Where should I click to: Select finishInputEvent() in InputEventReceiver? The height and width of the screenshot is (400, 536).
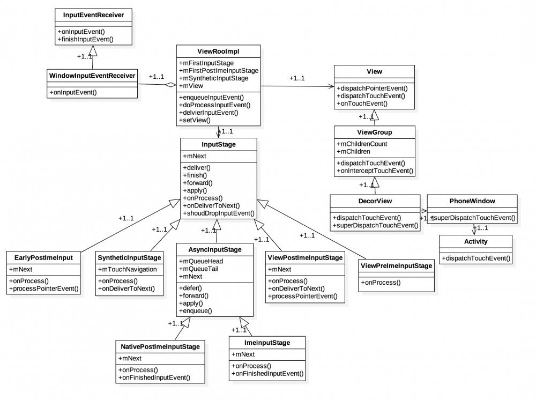click(x=86, y=40)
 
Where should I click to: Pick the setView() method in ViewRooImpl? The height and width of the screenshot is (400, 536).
click(x=193, y=120)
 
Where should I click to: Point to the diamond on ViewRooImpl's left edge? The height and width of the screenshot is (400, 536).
click(x=170, y=85)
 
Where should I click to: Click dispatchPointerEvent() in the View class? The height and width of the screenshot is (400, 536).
click(x=371, y=88)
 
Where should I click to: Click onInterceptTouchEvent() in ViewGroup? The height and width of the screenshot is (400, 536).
click(x=375, y=171)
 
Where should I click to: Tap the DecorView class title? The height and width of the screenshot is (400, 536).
click(x=376, y=202)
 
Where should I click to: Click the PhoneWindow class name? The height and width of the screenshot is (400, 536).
click(x=472, y=202)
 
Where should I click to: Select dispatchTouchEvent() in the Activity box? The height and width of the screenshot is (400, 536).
click(x=476, y=258)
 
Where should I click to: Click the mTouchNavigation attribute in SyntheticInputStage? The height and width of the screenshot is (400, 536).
click(x=128, y=269)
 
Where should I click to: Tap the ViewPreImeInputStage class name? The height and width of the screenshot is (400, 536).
click(x=396, y=265)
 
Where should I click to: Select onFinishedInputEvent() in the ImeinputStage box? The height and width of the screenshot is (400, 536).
click(x=267, y=373)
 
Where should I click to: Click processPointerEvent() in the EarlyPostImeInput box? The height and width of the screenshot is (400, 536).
click(x=43, y=289)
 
